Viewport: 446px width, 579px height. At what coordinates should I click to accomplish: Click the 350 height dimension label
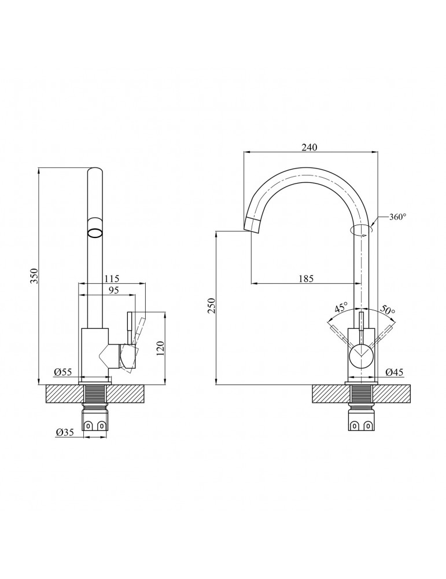tap(34, 276)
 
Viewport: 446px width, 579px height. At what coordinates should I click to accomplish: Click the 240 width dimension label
tap(310, 148)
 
